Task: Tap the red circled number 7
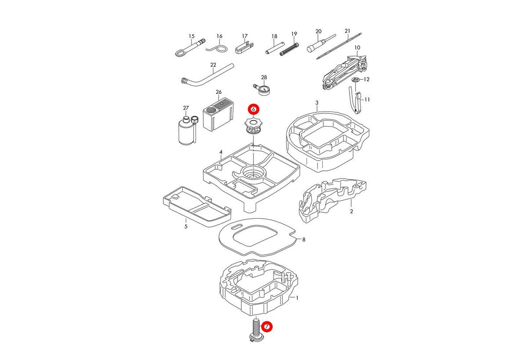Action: pos(267,327)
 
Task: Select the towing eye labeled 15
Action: pos(190,48)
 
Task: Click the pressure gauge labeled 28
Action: pos(263,89)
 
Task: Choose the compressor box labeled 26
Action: pos(217,113)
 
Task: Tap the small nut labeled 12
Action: pos(356,80)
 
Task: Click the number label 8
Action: pos(303,240)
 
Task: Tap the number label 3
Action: pos(317,103)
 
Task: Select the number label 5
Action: pos(186,227)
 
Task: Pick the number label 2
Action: pos(351,211)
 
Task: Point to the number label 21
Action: pos(347,31)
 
